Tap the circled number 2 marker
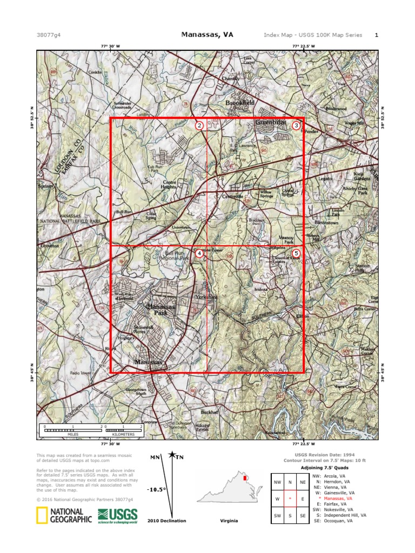pyautogui.click(x=199, y=126)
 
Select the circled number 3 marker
pyautogui.click(x=296, y=125)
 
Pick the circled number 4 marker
pyautogui.click(x=199, y=253)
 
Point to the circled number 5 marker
pyautogui.click(x=296, y=253)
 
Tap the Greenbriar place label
pyautogui.click(x=270, y=123)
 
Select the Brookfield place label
pyautogui.click(x=240, y=102)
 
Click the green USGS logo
pyautogui.click(x=117, y=516)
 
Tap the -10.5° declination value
pyautogui.click(x=156, y=489)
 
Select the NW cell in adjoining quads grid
pyautogui.click(x=278, y=482)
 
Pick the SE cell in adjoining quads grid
pyautogui.click(x=303, y=516)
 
